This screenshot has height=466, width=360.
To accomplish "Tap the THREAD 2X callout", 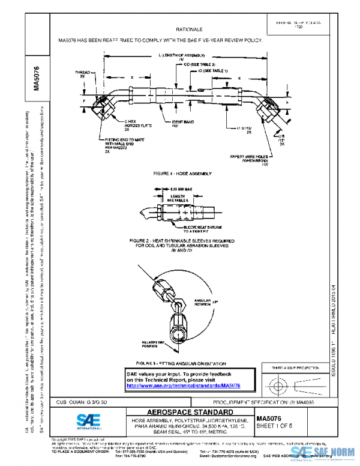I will [x=82, y=74].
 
